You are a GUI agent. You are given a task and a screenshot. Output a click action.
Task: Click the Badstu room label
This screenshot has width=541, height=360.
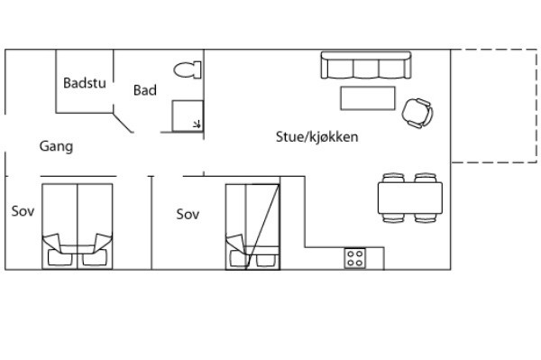coord(85,83)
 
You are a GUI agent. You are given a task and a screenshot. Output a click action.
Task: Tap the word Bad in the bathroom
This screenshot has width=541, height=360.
coord(145,90)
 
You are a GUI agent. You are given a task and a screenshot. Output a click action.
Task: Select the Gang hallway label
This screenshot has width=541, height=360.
coord(56,146)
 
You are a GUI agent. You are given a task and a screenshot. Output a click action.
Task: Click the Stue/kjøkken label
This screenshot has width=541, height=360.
coord(316,137)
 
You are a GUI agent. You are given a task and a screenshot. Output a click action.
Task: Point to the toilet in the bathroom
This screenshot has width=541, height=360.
coord(188,70)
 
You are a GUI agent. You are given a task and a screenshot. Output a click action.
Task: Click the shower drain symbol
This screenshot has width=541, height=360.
coord(197,124)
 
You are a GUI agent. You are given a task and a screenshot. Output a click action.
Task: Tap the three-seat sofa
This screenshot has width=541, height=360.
coord(366,65)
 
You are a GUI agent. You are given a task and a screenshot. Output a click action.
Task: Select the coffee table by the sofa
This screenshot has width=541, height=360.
coord(368,98)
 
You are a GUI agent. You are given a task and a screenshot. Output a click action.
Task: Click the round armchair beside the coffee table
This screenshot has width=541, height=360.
coord(417,113)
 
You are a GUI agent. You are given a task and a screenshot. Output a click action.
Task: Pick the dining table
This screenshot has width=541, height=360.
coord(410,198)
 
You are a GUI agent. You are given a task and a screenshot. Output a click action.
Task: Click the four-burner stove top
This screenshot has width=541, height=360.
coord(354,258)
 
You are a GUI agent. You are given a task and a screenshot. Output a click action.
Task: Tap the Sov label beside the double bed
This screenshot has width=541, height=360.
coord(23,211)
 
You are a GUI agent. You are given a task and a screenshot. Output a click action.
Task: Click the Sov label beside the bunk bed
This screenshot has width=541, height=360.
coord(188,215)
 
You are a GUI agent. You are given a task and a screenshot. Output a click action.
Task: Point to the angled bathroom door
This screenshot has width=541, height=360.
coord(124,123)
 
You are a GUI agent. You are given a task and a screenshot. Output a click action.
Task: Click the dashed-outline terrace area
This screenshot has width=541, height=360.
coord(494,106)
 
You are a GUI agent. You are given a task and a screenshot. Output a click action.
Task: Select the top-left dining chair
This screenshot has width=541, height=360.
coord(393,178)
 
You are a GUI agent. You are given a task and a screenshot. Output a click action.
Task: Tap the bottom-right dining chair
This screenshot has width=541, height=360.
coord(426,218)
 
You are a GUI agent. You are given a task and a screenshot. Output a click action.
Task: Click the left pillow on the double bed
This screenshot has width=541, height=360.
coord(60,257)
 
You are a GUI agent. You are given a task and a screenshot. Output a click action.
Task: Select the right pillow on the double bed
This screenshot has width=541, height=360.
coord(94,257)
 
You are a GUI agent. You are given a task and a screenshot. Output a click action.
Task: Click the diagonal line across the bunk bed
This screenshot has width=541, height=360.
coord(262,226)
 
